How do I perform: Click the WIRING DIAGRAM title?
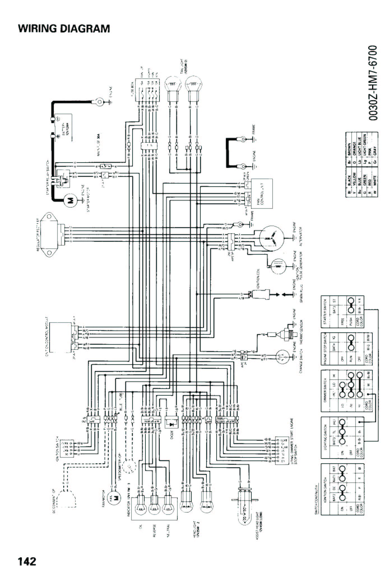coord(64,29)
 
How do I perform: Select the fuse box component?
coord(147,91)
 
